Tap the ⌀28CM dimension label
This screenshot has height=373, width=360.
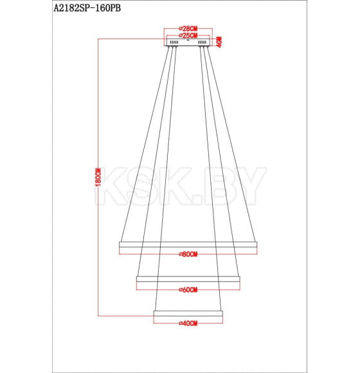click(x=188, y=29)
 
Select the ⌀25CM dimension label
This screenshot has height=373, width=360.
click(x=188, y=35)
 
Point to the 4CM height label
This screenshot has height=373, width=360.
click(x=219, y=42)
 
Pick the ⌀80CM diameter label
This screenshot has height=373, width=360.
click(x=188, y=255)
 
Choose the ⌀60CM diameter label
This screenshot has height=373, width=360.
click(x=188, y=289)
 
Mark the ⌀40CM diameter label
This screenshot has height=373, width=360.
click(x=188, y=323)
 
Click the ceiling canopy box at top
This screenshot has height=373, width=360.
click(x=188, y=43)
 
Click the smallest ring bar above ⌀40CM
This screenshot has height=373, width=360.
click(x=188, y=313)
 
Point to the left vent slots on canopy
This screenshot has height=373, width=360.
click(x=174, y=43)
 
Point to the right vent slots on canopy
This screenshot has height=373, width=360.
click(x=203, y=43)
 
